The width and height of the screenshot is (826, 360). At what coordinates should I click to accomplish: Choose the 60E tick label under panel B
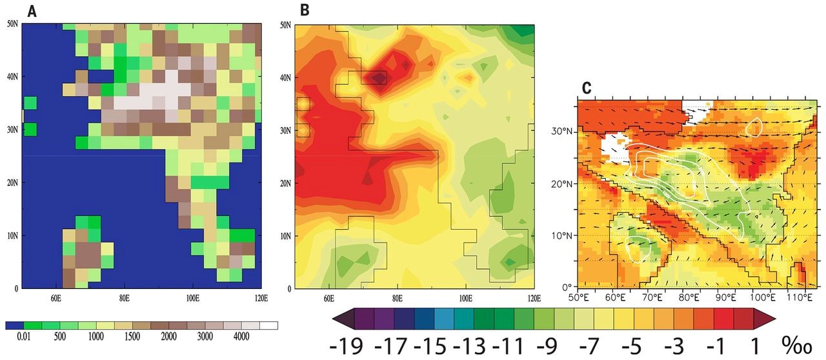(328, 297)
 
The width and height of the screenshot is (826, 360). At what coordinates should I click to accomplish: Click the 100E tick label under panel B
(465, 297)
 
